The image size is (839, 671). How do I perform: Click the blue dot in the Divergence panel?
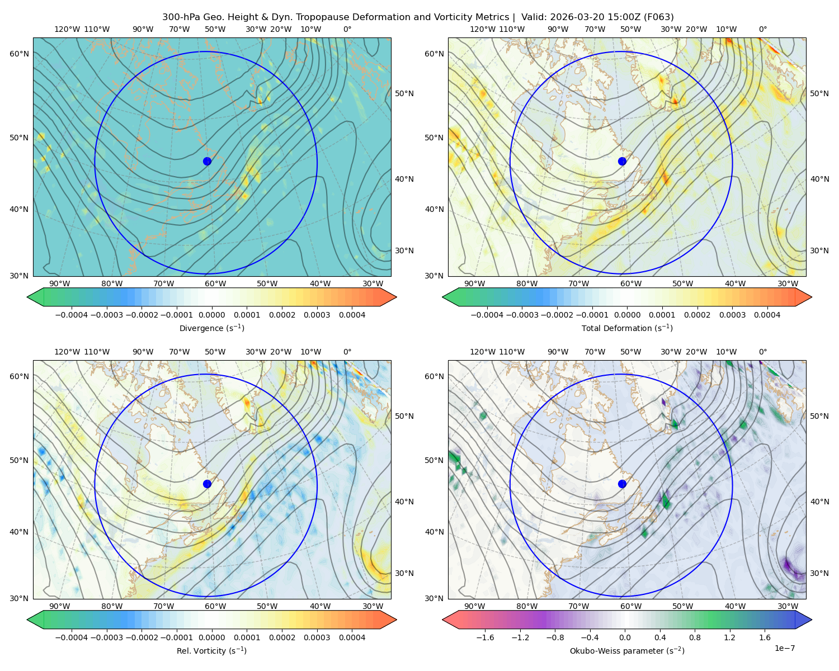207,161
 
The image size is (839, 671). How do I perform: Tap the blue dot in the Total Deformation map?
622,161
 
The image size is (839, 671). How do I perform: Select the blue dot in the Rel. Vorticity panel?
207,484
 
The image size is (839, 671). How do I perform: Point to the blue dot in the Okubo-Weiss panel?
622,484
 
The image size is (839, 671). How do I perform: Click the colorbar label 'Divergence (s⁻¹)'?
211,328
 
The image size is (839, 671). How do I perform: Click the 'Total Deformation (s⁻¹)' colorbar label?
627,328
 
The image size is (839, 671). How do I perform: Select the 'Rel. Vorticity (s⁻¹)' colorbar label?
211,650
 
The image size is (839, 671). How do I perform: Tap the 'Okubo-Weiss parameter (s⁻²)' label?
627,650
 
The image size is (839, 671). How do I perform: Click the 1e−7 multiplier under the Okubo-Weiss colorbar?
784,648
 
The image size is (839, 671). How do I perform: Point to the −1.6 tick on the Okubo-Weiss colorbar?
485,637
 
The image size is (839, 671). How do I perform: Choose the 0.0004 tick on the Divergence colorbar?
352,315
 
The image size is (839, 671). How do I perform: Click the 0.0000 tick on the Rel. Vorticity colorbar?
211,637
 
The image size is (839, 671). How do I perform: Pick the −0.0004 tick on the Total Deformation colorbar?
487,315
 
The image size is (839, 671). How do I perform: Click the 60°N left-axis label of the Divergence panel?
19,54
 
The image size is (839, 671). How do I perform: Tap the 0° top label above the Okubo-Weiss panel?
762,352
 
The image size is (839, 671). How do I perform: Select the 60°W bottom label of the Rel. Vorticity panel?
215,606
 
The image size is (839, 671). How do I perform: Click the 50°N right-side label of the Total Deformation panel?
819,93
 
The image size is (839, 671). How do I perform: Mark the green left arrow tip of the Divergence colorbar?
27,297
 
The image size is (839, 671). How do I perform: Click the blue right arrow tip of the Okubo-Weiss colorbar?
812,620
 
